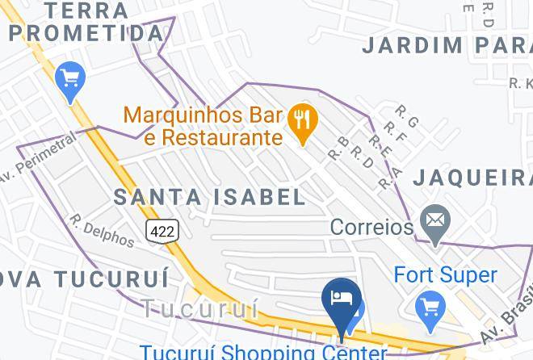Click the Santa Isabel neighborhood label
(x=210, y=196)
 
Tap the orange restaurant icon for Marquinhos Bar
(x=304, y=122)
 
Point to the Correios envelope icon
(x=435, y=220)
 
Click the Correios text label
(x=371, y=227)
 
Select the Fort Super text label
(x=445, y=275)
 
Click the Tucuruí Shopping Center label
(x=262, y=352)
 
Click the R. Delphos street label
(x=102, y=231)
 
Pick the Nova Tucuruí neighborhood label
(x=84, y=278)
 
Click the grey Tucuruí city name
(x=199, y=308)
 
